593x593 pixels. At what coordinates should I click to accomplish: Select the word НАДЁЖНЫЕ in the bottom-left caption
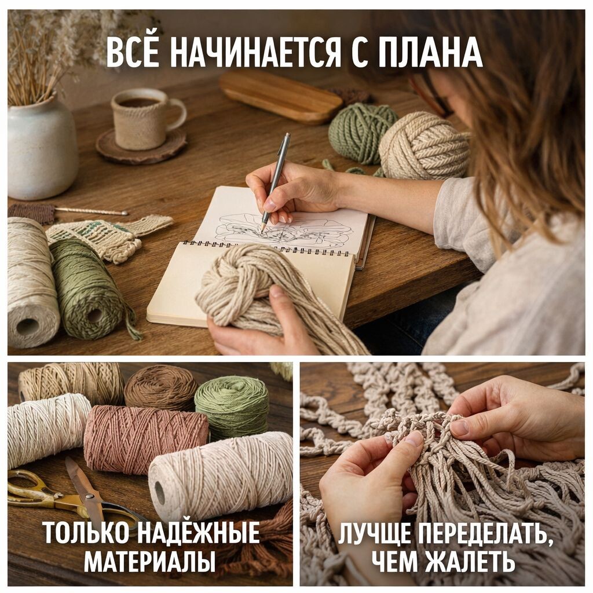click(x=198, y=533)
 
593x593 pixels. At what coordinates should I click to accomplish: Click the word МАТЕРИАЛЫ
click(x=150, y=563)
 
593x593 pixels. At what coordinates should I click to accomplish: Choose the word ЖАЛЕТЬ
click(x=470, y=562)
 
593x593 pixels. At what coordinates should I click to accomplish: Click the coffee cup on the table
click(x=145, y=118)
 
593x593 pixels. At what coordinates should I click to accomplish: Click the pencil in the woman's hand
click(x=274, y=181)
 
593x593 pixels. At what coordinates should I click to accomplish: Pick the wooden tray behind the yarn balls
click(x=280, y=97)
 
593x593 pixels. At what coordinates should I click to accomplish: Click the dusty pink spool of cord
click(x=146, y=440)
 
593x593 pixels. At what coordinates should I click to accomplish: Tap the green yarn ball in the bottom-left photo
click(x=231, y=408)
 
